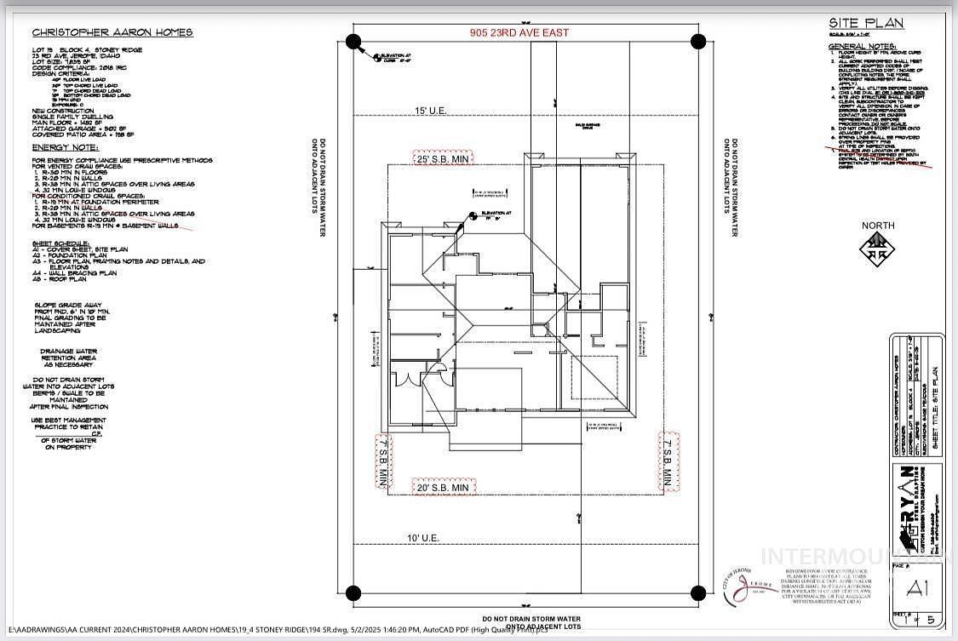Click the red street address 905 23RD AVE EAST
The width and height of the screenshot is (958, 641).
coord(519,32)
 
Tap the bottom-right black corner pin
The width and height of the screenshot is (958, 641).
coord(697,592)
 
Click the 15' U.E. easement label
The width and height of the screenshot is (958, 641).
coord(431,111)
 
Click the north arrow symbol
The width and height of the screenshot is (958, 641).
coord(877,249)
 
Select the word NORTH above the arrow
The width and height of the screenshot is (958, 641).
coord(878,226)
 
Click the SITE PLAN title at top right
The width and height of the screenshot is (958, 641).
coord(865,24)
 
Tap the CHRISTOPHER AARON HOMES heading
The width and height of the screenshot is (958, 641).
coord(112,32)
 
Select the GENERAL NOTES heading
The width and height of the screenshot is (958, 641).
coord(859,46)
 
